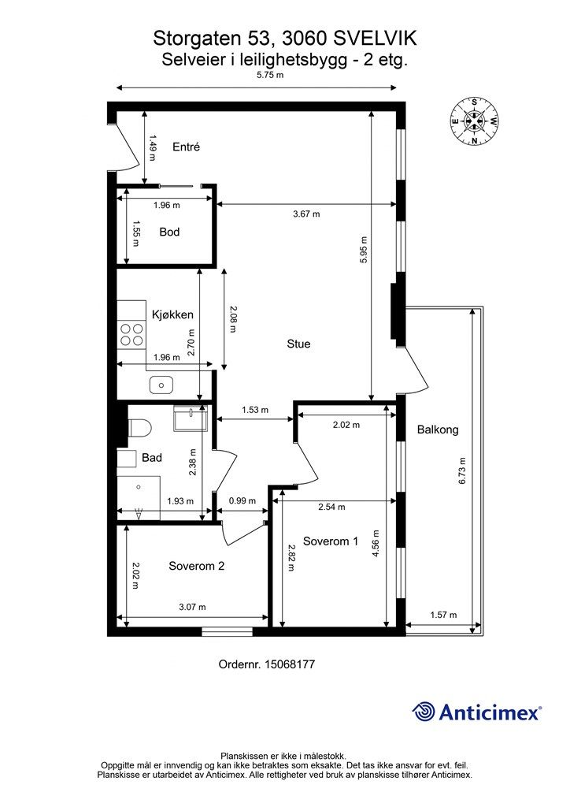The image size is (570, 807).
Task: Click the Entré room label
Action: [186, 147]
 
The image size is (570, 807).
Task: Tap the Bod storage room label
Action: [169, 232]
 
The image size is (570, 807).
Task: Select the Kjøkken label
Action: [172, 314]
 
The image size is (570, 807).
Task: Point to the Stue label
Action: [298, 344]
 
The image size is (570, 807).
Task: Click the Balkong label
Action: [438, 430]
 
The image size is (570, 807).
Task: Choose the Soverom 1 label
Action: [331, 541]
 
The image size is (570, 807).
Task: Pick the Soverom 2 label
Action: [196, 566]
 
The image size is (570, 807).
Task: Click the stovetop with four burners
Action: [131, 334]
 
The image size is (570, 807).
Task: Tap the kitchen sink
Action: [161, 385]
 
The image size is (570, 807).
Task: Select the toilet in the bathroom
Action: [140, 427]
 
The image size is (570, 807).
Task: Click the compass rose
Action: [475, 121]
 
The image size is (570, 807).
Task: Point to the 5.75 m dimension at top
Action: [270, 75]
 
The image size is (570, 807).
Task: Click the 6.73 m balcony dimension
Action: [463, 470]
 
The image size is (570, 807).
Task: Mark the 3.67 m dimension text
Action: [306, 214]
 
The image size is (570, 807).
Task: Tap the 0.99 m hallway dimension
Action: [242, 500]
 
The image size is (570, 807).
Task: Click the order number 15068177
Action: [290, 664]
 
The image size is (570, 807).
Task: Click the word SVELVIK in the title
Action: [376, 39]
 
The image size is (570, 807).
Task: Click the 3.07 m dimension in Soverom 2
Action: [192, 607]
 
